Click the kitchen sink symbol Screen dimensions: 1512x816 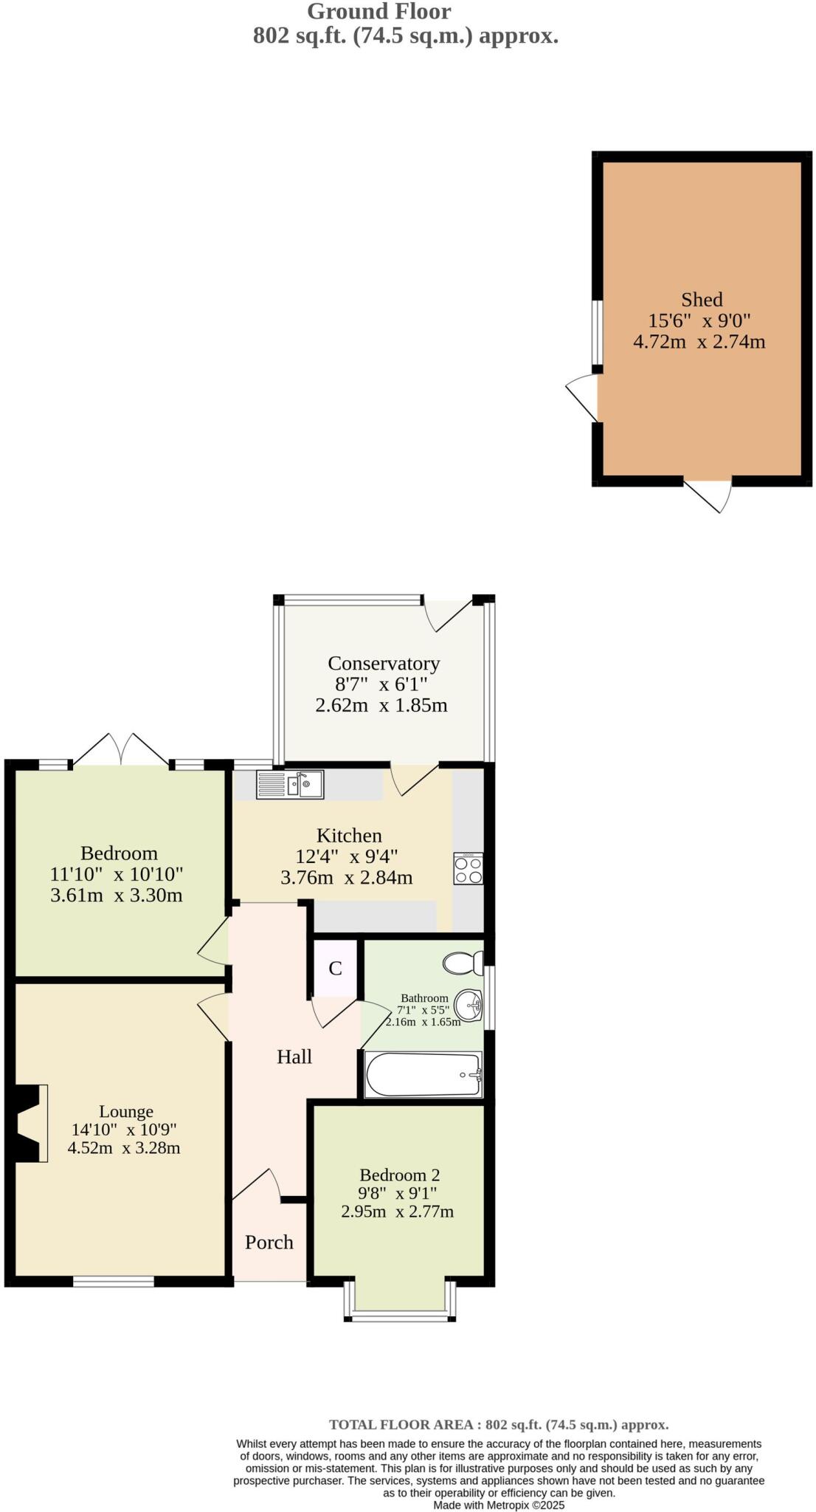[x=290, y=784]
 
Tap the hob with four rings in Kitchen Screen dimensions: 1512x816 [x=468, y=869]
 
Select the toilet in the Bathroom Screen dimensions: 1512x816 [x=463, y=963]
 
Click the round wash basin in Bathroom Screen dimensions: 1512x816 [x=468, y=1005]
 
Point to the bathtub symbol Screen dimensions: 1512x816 [x=423, y=1074]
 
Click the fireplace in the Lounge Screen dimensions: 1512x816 [x=30, y=1123]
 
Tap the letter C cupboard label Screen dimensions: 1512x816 [x=335, y=969]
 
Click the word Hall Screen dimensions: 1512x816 [x=294, y=1057]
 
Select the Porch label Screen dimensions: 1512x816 [x=269, y=1243]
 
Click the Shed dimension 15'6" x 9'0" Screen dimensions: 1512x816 [x=699, y=321]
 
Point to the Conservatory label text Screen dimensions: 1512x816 [x=384, y=663]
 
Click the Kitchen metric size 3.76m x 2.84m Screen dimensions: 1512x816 [x=346, y=878]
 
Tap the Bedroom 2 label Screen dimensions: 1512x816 [x=399, y=1175]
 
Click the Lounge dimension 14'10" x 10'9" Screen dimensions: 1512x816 [x=124, y=1130]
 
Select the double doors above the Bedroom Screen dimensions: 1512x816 [x=121, y=749]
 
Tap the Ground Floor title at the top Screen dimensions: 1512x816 [x=378, y=11]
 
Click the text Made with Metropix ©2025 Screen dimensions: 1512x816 [x=499, y=1505]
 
